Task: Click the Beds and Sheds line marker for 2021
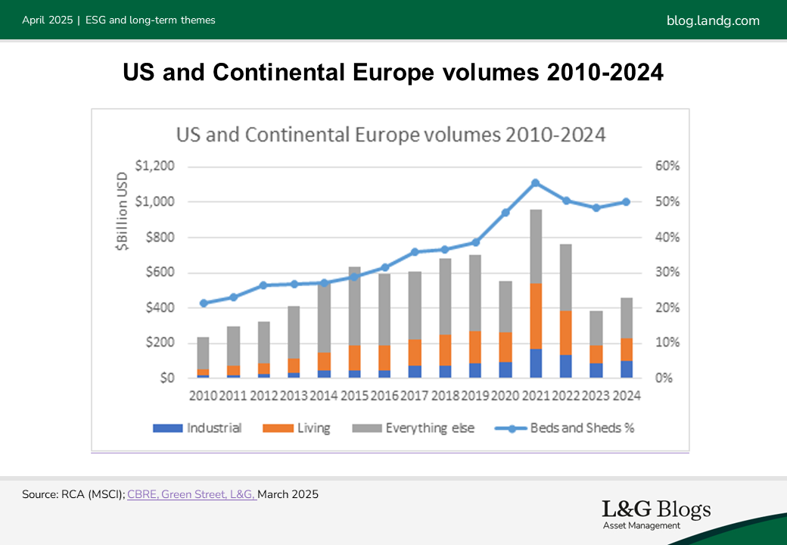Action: click(x=535, y=183)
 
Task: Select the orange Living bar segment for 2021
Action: click(x=535, y=316)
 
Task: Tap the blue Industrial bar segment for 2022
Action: click(x=565, y=366)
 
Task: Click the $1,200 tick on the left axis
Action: click(x=154, y=167)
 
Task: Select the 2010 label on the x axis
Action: click(x=203, y=396)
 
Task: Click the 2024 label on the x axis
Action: click(x=626, y=396)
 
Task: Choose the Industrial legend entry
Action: click(x=197, y=428)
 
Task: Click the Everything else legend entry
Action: click(x=413, y=428)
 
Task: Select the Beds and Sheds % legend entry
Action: click(x=565, y=428)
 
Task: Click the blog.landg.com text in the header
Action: click(x=713, y=20)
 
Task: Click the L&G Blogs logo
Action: click(x=656, y=513)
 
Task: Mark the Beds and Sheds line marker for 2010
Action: click(x=203, y=304)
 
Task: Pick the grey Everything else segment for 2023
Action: click(x=596, y=328)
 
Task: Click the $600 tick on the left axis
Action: click(x=158, y=272)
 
